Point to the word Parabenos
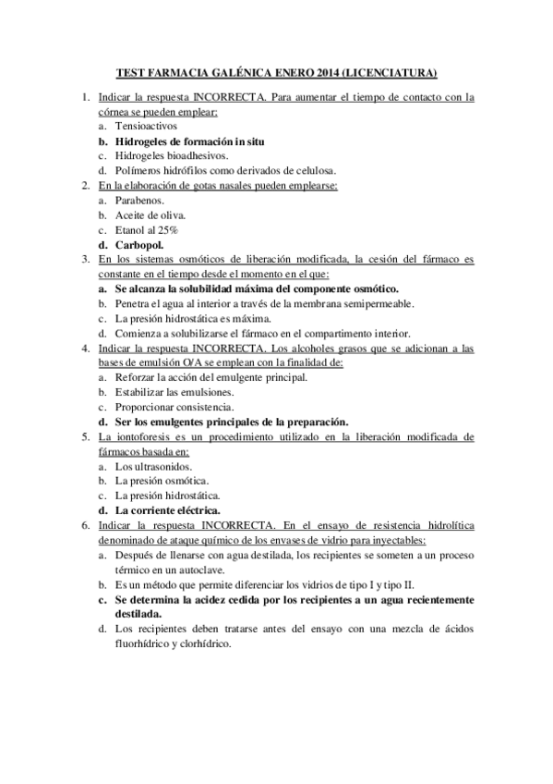[x=140, y=200]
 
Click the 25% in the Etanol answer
[x=166, y=229]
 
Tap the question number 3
[x=85, y=259]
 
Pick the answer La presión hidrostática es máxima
[x=193, y=318]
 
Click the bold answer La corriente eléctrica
[x=167, y=510]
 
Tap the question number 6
[x=85, y=525]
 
